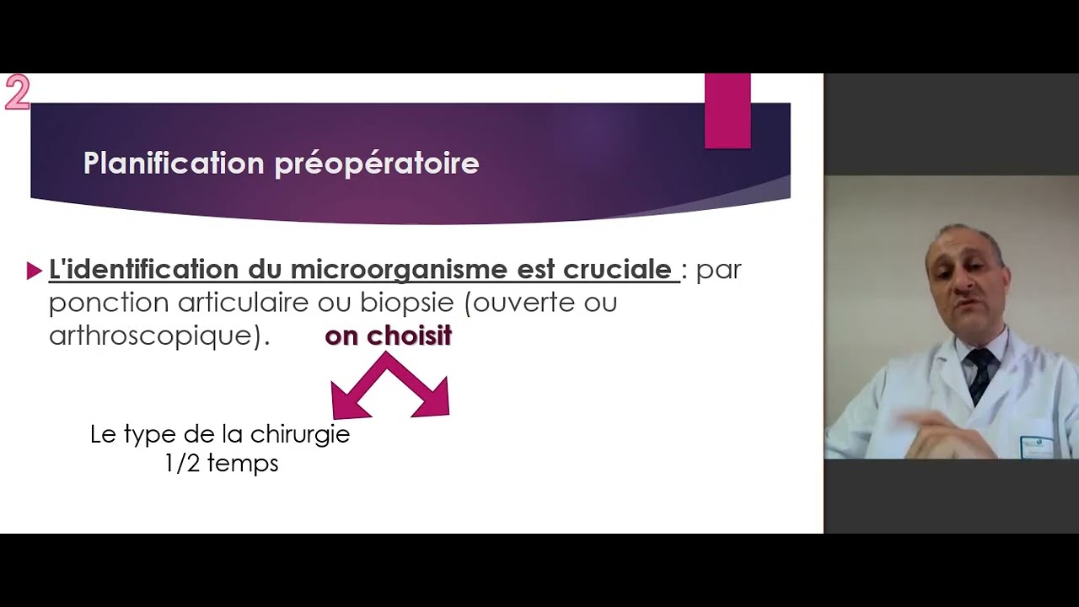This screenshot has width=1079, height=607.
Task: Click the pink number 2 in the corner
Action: [x=17, y=93]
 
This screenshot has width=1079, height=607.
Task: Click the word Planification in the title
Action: [x=173, y=163]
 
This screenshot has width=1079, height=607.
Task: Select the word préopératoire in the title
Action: [x=377, y=164]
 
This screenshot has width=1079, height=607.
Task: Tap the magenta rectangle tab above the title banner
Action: [x=727, y=110]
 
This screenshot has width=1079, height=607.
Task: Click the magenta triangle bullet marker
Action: [x=35, y=271]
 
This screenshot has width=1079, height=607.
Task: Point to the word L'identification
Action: [x=144, y=270]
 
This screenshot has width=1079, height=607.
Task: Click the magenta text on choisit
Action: [x=388, y=336]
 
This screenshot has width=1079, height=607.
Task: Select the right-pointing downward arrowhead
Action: [x=433, y=401]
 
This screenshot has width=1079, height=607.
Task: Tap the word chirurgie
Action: [x=299, y=435]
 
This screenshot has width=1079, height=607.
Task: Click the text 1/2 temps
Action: [x=221, y=464]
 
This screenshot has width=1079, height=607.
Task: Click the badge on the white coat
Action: [x=1036, y=446]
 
